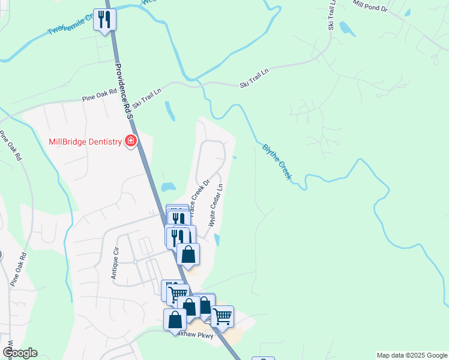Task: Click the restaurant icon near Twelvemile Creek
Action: pos(104,19)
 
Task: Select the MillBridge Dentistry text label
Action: pos(85,142)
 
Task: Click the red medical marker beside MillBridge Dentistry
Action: pos(130,142)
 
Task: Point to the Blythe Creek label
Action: pos(277,161)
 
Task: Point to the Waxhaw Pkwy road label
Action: pos(191,335)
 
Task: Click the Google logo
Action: pos(20,353)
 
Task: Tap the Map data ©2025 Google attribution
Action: pos(412,355)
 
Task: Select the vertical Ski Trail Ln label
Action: pos(331,15)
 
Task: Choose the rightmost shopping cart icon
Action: pos(222,316)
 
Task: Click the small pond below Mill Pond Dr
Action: pos(345,28)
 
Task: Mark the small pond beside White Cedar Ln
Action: pos(217,240)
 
